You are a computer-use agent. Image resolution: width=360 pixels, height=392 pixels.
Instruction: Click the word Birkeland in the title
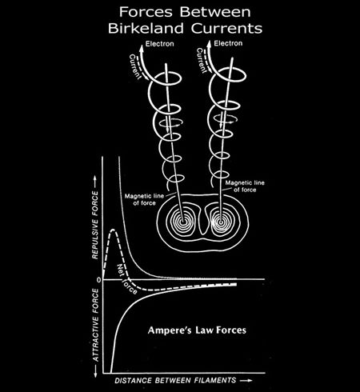[146, 28]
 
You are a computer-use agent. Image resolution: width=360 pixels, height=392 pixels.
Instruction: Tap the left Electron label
[160, 44]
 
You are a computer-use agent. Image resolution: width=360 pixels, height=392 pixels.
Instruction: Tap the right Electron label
[228, 43]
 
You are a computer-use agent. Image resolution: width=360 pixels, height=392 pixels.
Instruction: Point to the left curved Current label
[135, 66]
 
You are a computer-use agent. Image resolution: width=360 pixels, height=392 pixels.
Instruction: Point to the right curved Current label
[202, 61]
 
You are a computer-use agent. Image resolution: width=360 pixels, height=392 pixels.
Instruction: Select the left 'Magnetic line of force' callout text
[144, 199]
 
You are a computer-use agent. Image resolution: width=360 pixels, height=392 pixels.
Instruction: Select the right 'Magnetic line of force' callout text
[245, 186]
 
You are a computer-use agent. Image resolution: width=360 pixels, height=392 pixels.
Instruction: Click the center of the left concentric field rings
[183, 222]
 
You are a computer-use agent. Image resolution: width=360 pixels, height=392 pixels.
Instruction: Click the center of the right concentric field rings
[221, 222]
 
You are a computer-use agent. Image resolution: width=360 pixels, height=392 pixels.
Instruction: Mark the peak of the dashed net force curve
[114, 230]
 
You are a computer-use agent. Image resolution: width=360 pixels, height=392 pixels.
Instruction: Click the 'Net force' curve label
[127, 279]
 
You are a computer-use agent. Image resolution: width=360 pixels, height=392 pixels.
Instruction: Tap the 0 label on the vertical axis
[99, 280]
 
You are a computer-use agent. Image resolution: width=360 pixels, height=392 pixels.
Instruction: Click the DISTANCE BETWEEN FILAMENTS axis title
[175, 380]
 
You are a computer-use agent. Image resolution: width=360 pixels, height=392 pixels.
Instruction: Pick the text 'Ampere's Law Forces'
[197, 330]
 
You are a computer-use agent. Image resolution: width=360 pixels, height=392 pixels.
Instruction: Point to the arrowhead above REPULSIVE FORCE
[95, 180]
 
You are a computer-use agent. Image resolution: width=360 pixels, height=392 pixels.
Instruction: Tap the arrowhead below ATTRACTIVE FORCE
[95, 374]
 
